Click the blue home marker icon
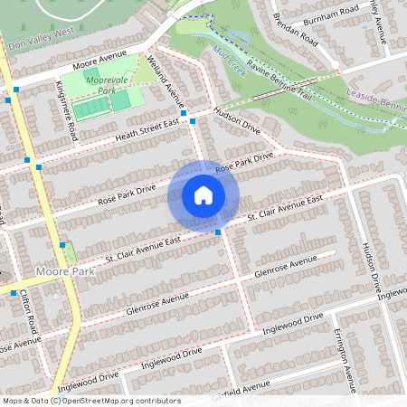coord(203,195)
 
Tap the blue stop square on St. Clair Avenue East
coord(218,232)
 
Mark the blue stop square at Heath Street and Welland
coord(194,120)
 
